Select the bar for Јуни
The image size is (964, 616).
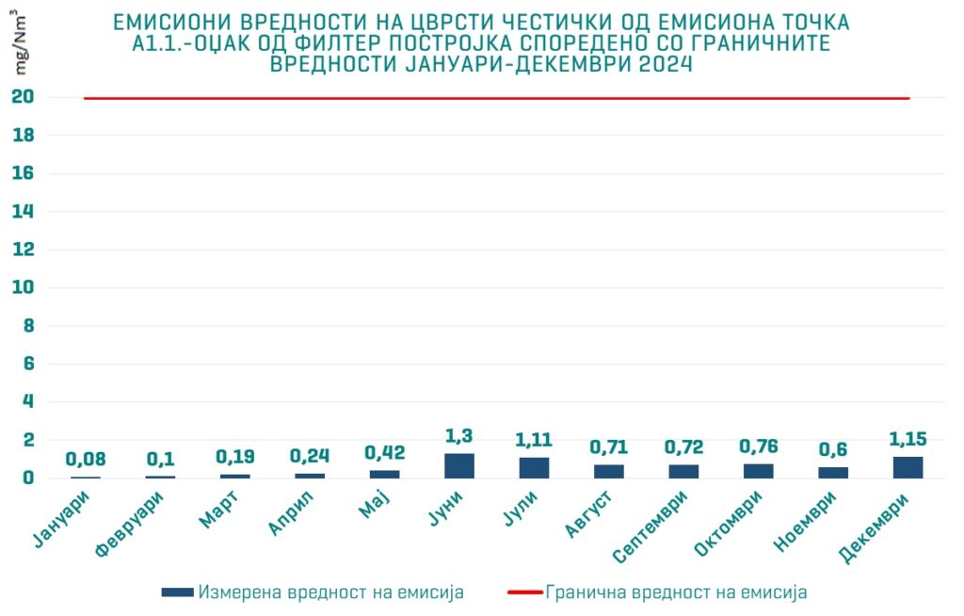pyautogui.click(x=459, y=465)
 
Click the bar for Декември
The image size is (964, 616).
pyautogui.click(x=908, y=467)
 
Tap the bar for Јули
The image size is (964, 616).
pyautogui.click(x=534, y=467)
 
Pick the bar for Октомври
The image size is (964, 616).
pyautogui.click(x=758, y=471)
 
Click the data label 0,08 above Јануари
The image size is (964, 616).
pyautogui.click(x=86, y=460)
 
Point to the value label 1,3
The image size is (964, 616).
pyautogui.click(x=459, y=436)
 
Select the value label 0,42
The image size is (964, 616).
pyautogui.click(x=384, y=452)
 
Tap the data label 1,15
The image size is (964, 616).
pyautogui.click(x=908, y=439)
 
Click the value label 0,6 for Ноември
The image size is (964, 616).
pyautogui.click(x=833, y=449)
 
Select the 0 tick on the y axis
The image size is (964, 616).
pyautogui.click(x=28, y=478)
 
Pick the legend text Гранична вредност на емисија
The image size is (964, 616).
pyautogui.click(x=676, y=592)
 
